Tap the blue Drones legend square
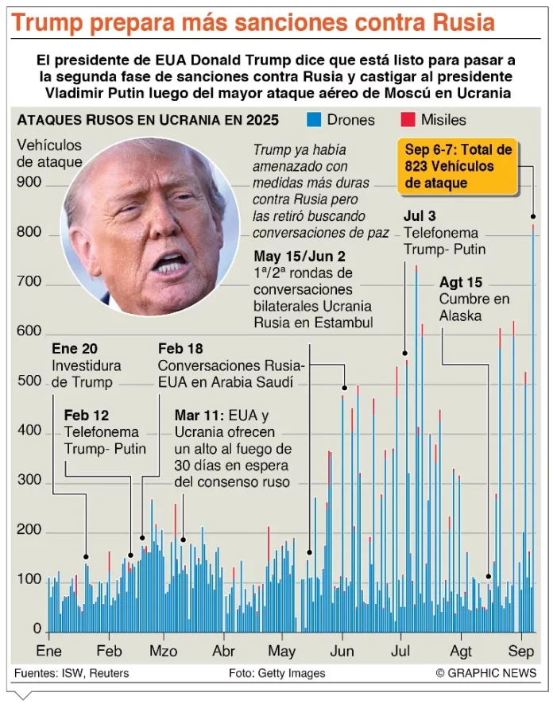[x=314, y=120]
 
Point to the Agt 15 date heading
[x=461, y=282]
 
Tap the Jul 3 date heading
[x=420, y=215]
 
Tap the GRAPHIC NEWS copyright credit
[x=485, y=673]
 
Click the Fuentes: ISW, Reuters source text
[x=72, y=673]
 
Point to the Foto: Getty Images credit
[x=276, y=673]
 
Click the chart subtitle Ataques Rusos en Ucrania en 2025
[x=148, y=120]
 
